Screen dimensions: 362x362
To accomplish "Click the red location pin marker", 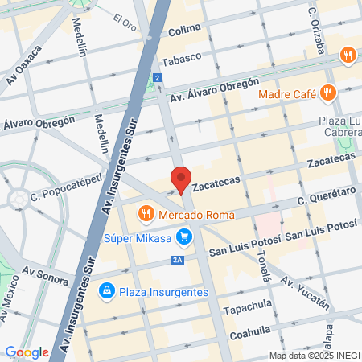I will pyautogui.click(x=181, y=179).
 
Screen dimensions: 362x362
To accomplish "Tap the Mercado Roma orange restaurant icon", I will pyautogui.click(x=146, y=214).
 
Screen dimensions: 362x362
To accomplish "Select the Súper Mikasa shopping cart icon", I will pyautogui.click(x=186, y=237).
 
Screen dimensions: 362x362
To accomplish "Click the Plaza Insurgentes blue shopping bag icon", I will pyautogui.click(x=106, y=290).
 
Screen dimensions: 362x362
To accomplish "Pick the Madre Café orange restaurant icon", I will pyautogui.click(x=327, y=93).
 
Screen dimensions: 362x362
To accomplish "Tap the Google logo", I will pyautogui.click(x=27, y=352).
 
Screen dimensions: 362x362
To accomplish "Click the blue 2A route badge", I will pyautogui.click(x=178, y=259).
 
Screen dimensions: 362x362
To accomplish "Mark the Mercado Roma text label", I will pyautogui.click(x=196, y=215).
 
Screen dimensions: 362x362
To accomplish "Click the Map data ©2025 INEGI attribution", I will pyautogui.click(x=314, y=356).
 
